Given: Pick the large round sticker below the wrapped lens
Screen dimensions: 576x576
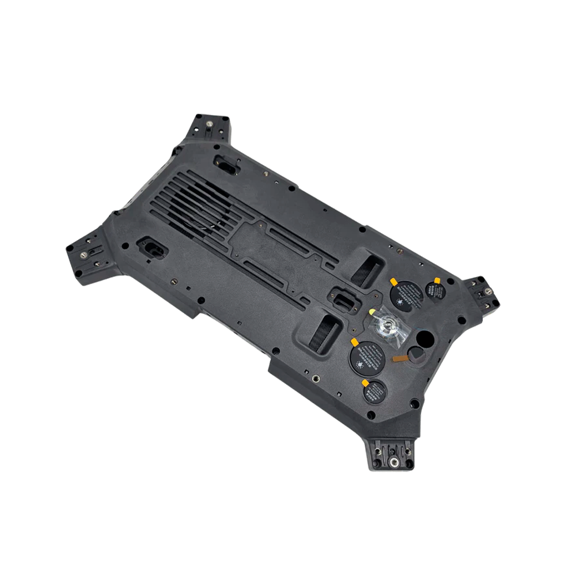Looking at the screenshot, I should point(367,357).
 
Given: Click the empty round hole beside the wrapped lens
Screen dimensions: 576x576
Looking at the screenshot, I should point(426,338).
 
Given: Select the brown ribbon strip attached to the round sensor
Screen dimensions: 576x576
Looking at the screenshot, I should point(399,358).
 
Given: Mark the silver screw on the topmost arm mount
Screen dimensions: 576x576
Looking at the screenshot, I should point(209,123).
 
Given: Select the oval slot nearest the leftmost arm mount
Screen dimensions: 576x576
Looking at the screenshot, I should point(151,248).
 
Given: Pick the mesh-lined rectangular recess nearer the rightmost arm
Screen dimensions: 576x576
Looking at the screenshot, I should point(367,269).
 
